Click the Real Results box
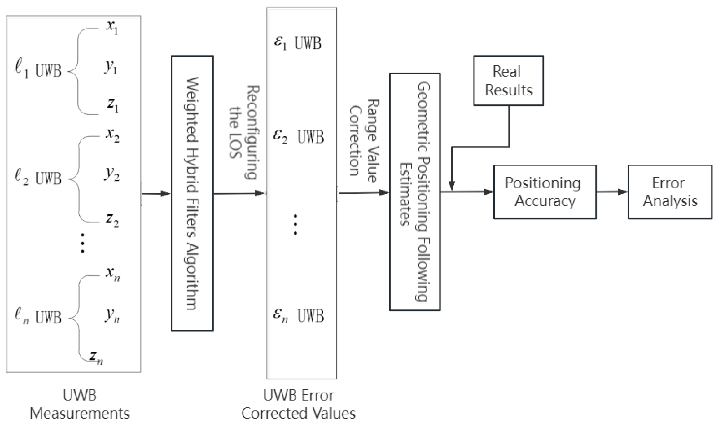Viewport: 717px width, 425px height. coord(508,81)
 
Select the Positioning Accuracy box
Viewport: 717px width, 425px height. coord(545,192)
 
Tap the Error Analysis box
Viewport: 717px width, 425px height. coord(670,192)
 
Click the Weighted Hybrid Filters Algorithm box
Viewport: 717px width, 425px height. coord(192,193)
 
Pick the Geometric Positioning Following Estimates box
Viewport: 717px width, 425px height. coord(414,192)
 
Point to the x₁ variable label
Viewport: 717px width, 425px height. coord(112,28)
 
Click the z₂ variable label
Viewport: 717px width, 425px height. coord(112,220)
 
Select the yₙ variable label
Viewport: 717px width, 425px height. coord(112,315)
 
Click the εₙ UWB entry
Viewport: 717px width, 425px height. coord(298,316)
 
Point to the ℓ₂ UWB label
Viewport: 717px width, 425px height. coord(38,178)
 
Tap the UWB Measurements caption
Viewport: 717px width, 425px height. coord(79,404)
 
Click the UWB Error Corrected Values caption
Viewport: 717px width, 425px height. coord(298,404)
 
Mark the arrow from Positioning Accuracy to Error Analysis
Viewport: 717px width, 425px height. coord(612,192)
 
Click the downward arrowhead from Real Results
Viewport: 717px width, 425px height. coord(452,186)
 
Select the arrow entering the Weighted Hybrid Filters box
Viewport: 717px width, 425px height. coord(156,193)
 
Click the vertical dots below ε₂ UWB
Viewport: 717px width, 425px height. coord(295,224)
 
